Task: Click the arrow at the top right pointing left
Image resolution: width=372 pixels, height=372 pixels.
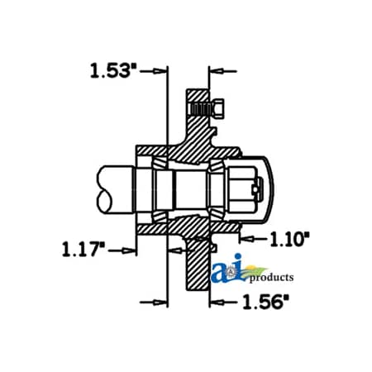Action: pos(216,71)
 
